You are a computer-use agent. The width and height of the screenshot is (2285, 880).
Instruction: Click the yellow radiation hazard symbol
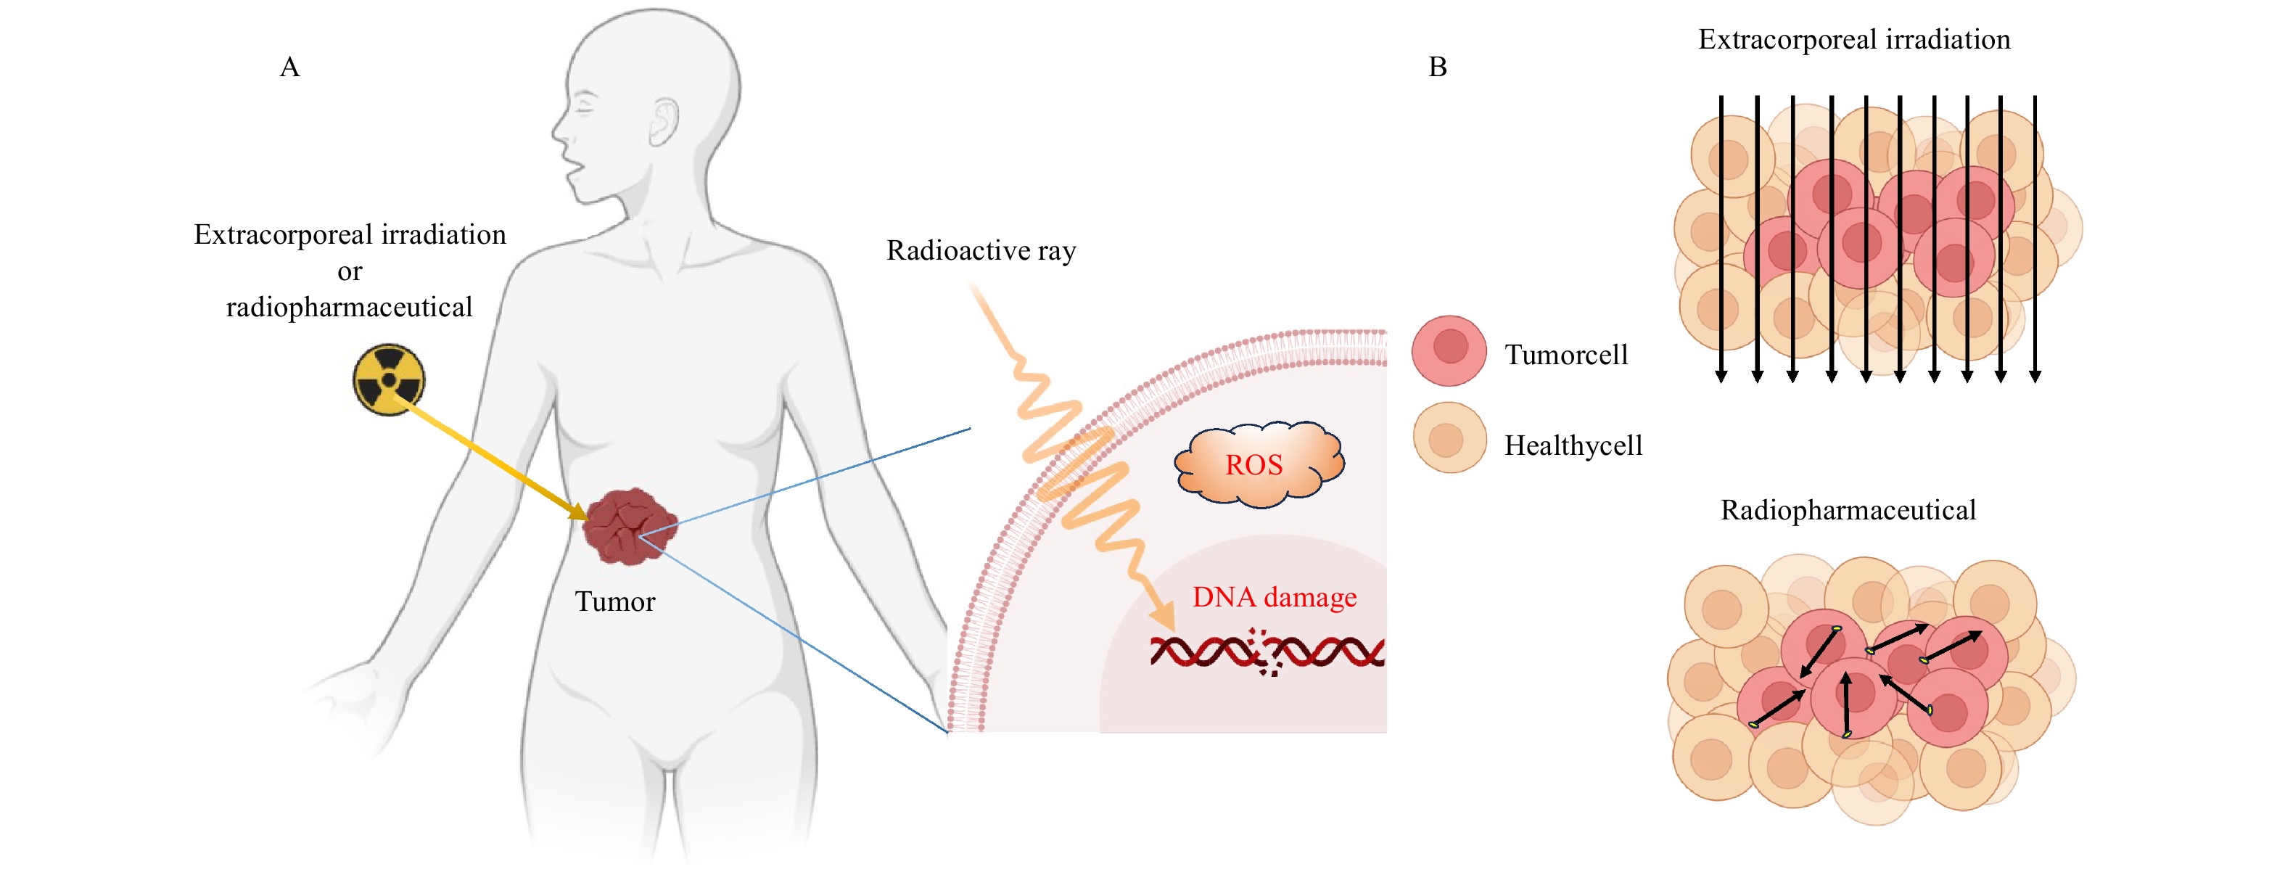389,379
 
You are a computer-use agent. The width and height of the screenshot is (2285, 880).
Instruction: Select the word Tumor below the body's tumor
614,602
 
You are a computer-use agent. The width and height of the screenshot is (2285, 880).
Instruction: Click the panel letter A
289,67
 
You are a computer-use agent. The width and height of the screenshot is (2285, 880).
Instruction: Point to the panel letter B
1437,67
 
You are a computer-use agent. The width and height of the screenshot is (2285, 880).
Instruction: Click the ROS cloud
1258,464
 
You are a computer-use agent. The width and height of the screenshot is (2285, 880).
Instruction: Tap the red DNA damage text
1274,597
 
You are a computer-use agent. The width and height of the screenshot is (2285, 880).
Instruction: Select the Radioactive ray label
981,251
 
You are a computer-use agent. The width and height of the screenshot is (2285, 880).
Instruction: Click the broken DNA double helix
1267,653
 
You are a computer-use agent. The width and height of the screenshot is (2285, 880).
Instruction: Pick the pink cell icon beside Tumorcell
1449,350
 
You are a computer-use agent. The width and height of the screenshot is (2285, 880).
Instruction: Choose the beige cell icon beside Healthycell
1449,438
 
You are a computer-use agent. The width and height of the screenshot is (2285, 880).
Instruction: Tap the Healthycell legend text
1573,445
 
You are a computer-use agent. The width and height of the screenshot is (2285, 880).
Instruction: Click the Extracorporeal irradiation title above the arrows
1854,40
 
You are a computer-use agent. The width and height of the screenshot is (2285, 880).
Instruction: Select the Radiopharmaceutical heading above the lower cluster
1848,511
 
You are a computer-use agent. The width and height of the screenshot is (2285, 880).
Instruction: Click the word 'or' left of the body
350,272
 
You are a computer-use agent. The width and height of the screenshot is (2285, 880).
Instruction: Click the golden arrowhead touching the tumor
577,512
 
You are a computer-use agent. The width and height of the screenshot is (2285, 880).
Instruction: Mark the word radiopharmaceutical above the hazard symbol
350,308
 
